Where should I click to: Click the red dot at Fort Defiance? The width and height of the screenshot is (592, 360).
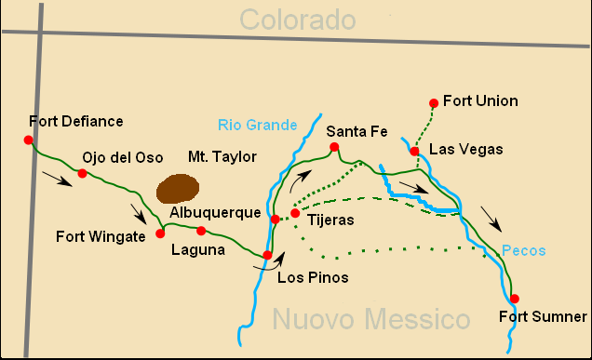(29, 140)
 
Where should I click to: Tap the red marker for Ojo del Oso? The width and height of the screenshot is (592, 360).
(82, 173)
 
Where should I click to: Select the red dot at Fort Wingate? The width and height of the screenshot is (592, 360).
(160, 233)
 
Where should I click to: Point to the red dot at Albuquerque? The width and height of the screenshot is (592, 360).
(275, 220)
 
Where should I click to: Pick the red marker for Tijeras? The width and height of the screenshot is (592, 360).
(295, 213)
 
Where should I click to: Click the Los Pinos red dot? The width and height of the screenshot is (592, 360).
(267, 255)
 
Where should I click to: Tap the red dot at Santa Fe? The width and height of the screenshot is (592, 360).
(332, 147)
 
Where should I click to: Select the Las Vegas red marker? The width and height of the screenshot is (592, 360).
(414, 151)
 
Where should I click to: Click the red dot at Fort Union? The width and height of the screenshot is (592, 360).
(433, 102)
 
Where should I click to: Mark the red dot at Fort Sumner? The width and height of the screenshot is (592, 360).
(515, 299)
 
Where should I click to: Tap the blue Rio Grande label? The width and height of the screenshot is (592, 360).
(258, 125)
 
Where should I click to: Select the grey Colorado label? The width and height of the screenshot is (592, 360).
(297, 19)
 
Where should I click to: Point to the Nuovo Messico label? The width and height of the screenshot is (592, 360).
(371, 321)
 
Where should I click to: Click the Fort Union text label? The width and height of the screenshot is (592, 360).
(480, 100)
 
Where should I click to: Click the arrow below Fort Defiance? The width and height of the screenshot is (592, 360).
(58, 179)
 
